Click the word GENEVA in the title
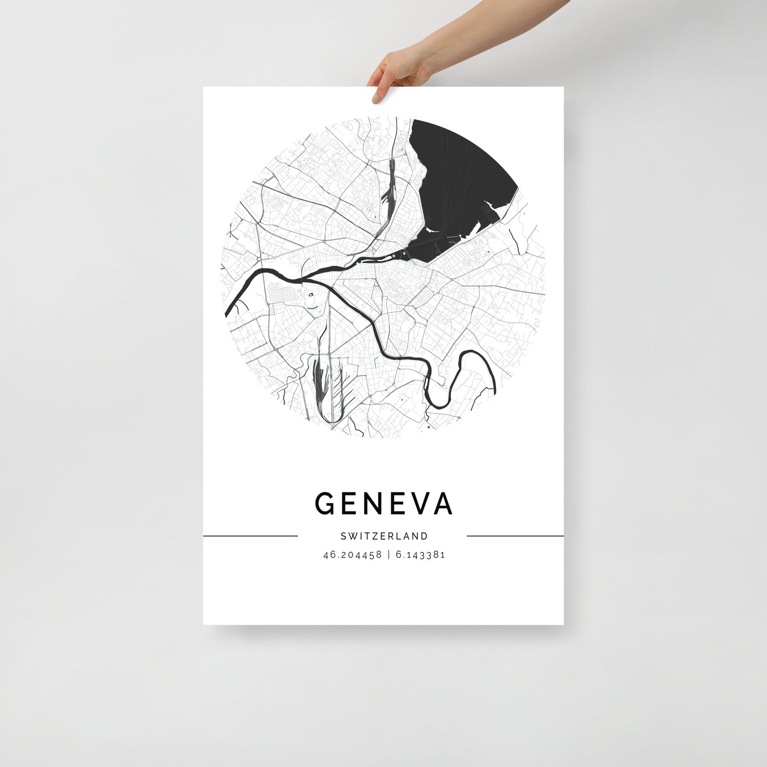point(383,504)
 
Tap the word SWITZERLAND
point(384,536)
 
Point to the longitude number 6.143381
point(421,555)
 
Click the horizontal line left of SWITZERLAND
point(250,536)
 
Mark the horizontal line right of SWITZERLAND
point(515,536)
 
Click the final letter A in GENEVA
point(443,504)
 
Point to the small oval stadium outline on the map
point(311,294)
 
